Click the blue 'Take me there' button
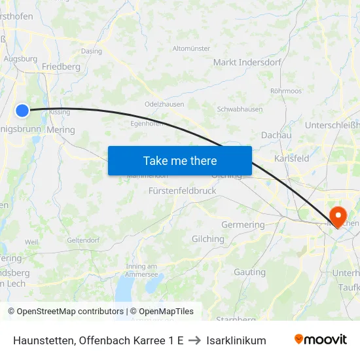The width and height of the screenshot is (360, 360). click(x=180, y=160)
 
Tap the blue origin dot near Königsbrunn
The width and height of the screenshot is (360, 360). click(x=22, y=111)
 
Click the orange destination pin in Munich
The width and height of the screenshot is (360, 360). click(x=338, y=215)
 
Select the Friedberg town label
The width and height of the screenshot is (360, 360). click(x=61, y=67)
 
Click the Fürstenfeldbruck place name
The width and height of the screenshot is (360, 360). click(x=182, y=190)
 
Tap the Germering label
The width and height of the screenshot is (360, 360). click(x=243, y=225)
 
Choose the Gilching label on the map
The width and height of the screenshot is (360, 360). click(x=207, y=239)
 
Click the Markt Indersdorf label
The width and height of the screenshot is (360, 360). click(x=247, y=62)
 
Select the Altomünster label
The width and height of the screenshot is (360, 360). click(x=191, y=48)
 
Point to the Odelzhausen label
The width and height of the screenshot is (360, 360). click(x=164, y=104)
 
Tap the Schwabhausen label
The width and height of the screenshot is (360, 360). click(x=240, y=109)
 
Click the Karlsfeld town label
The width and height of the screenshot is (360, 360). click(x=292, y=159)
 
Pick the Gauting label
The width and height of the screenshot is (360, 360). click(x=249, y=272)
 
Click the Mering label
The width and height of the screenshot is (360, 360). click(x=61, y=130)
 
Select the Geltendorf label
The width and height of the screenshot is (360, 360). click(x=82, y=240)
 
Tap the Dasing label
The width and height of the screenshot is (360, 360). click(x=91, y=51)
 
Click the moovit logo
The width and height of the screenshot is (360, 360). click(x=321, y=340)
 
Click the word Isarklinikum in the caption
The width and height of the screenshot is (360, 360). click(x=236, y=340)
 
